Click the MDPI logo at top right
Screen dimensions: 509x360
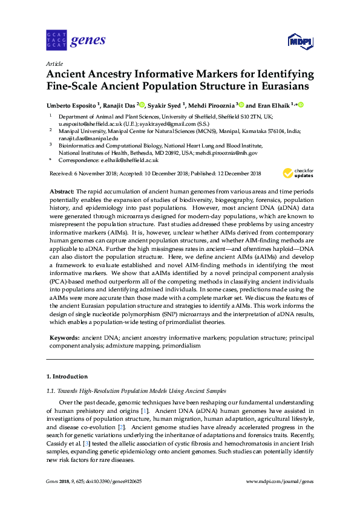pyautogui.click(x=300, y=41)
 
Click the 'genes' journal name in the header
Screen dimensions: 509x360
pyautogui.click(x=88, y=41)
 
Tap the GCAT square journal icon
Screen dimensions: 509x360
pyautogui.click(x=55, y=41)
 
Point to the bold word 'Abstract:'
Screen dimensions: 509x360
pyautogui.click(x=62, y=190)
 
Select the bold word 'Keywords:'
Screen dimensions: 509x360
pyautogui.click(x=64, y=336)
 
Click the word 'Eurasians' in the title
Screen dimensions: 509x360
pyautogui.click(x=276, y=86)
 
